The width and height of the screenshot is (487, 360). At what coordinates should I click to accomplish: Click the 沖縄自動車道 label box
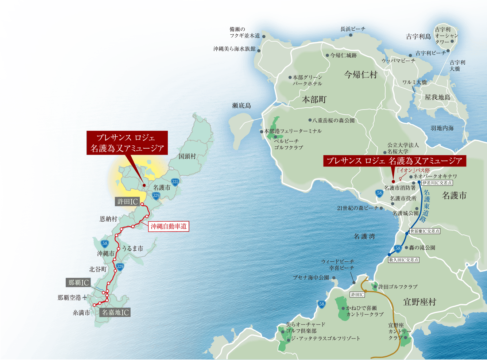click(169, 226)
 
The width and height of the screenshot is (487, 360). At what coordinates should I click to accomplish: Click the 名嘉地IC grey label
click(115, 312)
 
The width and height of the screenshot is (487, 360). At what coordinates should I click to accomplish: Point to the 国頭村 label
click(187, 156)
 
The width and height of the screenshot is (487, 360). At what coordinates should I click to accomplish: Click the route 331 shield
click(175, 182)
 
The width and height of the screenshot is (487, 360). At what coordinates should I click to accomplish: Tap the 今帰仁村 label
click(360, 75)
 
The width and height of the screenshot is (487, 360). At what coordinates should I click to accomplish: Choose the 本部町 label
click(314, 99)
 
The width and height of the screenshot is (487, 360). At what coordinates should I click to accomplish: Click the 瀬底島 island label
click(241, 106)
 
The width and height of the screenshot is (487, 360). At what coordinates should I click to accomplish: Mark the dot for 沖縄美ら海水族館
click(258, 49)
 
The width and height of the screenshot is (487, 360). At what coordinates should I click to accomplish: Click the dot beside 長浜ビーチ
click(351, 35)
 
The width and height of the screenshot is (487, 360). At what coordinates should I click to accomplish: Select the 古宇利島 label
click(418, 37)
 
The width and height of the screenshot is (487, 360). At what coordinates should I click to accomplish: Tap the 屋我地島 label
click(437, 97)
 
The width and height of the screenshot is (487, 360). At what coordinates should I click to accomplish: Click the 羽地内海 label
click(442, 128)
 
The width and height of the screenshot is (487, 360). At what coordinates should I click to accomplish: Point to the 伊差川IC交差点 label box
click(437, 183)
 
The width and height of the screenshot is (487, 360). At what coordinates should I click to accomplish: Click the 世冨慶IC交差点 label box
click(425, 231)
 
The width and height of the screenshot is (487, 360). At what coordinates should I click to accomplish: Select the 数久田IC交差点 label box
click(403, 260)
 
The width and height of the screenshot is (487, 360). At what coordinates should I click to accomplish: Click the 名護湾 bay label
click(364, 237)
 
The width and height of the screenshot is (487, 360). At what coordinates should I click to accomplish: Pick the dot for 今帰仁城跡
click(327, 55)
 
